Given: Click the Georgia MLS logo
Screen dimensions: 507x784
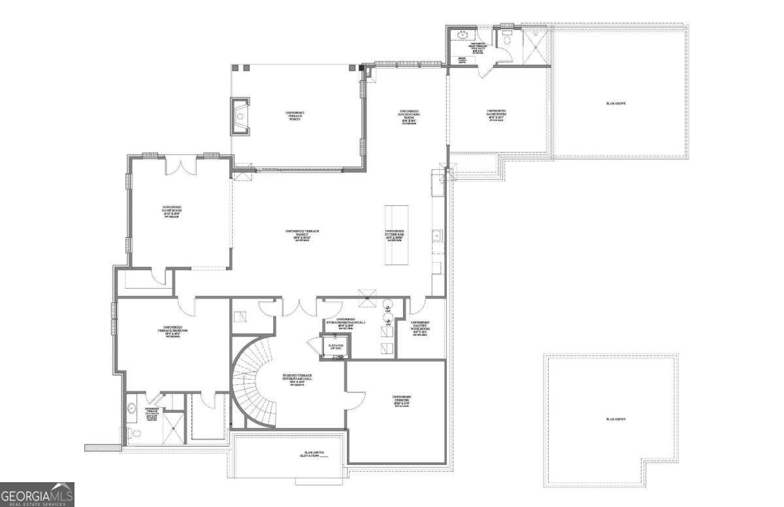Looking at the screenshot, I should pyautogui.click(x=37, y=494).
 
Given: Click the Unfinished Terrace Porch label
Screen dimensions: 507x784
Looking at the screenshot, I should pyautogui.click(x=295, y=116).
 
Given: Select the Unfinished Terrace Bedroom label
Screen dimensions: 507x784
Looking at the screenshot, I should pyautogui.click(x=172, y=331).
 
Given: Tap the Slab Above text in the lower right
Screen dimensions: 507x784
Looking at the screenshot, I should pyautogui.click(x=615, y=419).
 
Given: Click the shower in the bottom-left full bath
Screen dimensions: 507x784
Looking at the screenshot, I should pyautogui.click(x=174, y=428).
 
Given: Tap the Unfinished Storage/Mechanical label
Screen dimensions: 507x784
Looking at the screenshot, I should pyautogui.click(x=346, y=321).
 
